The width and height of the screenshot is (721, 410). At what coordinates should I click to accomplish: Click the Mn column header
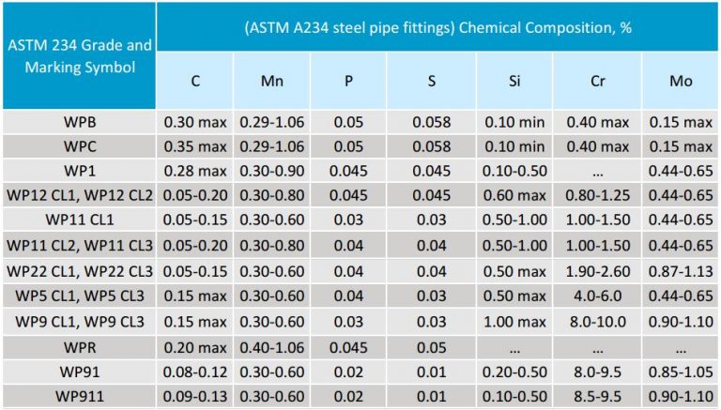pos(272,81)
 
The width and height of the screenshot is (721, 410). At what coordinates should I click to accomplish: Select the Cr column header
pos(596,81)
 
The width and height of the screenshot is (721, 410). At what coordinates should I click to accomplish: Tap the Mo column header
pos(681,81)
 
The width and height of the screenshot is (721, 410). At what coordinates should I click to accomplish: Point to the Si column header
pos(514,81)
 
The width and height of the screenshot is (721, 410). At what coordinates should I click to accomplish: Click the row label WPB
pos(79,122)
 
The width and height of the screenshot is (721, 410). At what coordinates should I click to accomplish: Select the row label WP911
pos(79,396)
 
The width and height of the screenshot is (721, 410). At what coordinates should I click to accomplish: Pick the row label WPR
pos(79,346)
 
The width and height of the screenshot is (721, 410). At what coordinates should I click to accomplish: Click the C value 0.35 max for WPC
pos(195,146)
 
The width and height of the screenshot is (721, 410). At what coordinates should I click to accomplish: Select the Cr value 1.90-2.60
pos(596,271)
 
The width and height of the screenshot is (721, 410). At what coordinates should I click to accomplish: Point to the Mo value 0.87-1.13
pos(681,271)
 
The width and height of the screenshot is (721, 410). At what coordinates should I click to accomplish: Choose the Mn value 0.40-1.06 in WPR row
pos(272,346)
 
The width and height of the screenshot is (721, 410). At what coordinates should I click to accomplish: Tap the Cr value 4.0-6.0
pos(596,296)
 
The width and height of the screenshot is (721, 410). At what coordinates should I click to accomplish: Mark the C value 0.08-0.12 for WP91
pos(195,372)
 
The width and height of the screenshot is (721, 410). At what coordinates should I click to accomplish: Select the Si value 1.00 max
pos(514,321)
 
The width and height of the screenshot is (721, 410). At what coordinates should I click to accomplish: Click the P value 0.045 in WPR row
pos(348,346)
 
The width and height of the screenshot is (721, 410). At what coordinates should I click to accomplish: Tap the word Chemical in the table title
pos(475,26)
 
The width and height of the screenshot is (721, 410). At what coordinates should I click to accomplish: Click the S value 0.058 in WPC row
pos(432,146)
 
